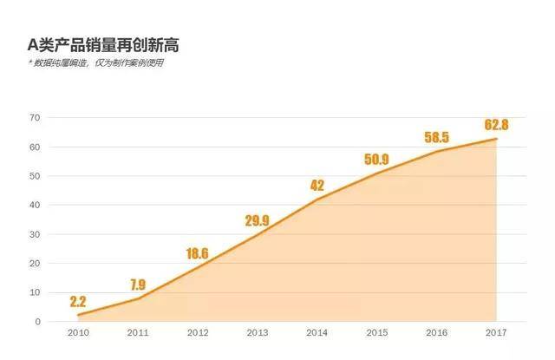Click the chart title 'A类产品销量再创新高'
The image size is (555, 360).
[x=103, y=45]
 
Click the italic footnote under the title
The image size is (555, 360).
[x=95, y=63]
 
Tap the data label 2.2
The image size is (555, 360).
[x=78, y=302]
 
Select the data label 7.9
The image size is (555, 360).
[x=138, y=285]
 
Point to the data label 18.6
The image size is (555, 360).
[x=197, y=253]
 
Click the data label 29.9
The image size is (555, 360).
[x=257, y=220]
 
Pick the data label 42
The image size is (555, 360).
[x=317, y=186]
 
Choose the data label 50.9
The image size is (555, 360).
[x=376, y=160]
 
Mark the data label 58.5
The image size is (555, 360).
[x=436, y=137]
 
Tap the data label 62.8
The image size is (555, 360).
[x=496, y=125]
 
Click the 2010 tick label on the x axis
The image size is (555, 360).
[x=78, y=333]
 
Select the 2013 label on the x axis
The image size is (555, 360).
[x=258, y=333]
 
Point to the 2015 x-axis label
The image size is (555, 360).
[x=377, y=333]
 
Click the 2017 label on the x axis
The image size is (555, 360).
[x=496, y=333]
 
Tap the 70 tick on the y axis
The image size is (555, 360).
[x=35, y=117]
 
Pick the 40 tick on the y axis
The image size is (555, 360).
[x=35, y=205]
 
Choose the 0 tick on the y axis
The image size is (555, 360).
[x=38, y=322]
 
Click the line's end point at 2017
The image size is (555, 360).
[x=496, y=139]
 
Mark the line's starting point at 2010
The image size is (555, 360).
[x=78, y=315]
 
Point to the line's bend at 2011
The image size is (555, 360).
[x=138, y=298]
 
